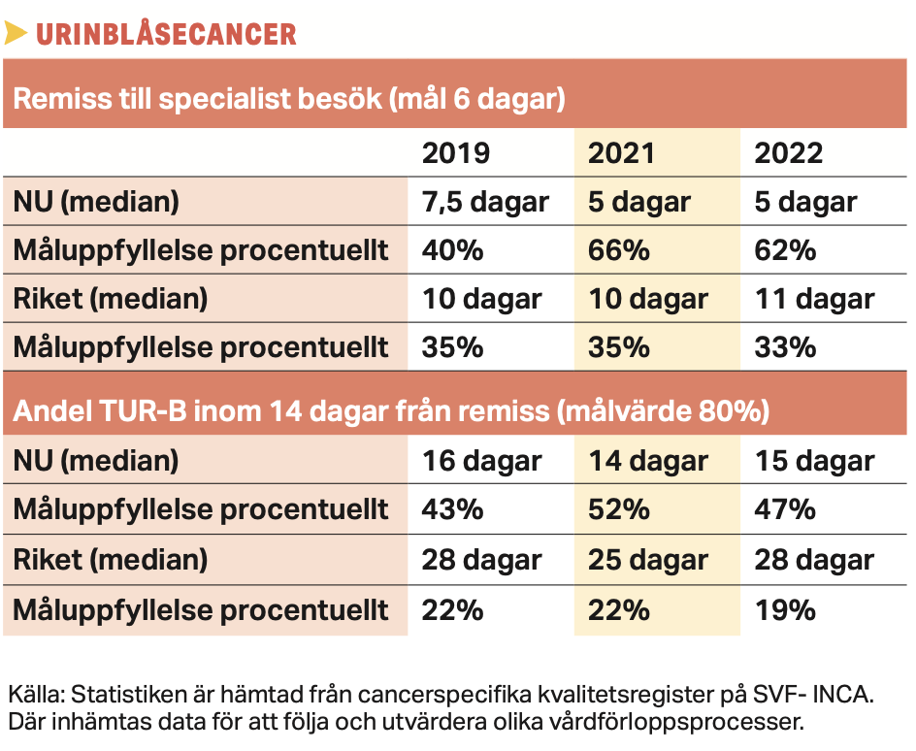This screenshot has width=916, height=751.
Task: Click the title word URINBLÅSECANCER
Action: (166, 33)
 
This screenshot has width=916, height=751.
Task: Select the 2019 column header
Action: (456, 153)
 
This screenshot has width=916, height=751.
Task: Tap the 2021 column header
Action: (622, 153)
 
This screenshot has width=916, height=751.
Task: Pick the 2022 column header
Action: (789, 153)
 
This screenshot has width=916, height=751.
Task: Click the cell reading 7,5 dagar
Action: (485, 202)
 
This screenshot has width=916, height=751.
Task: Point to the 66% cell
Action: (619, 250)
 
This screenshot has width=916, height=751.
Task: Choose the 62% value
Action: (785, 250)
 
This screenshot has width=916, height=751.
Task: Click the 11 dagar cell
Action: (814, 299)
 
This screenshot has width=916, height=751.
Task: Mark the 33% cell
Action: (785, 347)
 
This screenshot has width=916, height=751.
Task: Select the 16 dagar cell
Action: (481, 461)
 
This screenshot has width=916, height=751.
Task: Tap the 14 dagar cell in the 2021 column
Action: (647, 461)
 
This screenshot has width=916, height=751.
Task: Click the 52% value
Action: (619, 510)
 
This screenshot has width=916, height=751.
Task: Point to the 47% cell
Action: (785, 510)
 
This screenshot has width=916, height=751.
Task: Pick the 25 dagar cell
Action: (647, 560)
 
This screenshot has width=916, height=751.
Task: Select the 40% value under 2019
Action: (452, 250)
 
